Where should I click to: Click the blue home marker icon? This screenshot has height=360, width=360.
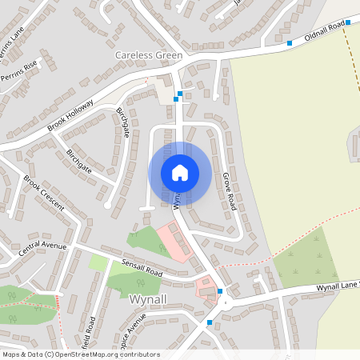pyautogui.click(x=180, y=172)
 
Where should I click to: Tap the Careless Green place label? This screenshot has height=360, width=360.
pyautogui.click(x=149, y=55)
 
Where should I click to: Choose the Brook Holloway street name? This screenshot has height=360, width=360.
pyautogui.click(x=70, y=114)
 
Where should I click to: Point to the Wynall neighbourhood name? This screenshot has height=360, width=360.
pyautogui.click(x=147, y=298)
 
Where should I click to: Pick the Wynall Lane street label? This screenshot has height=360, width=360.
pyautogui.click(x=336, y=286)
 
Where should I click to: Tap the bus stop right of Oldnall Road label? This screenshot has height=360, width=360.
pyautogui.click(x=348, y=23)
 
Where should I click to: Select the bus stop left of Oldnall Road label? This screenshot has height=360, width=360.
pyautogui.click(x=290, y=43)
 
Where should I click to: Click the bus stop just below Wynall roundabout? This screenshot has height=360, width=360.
pyautogui.click(x=210, y=322)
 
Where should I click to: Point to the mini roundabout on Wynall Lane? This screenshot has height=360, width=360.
pyautogui.click(x=226, y=302)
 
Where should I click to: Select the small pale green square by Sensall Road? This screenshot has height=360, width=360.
pyautogui.click(x=98, y=262)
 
